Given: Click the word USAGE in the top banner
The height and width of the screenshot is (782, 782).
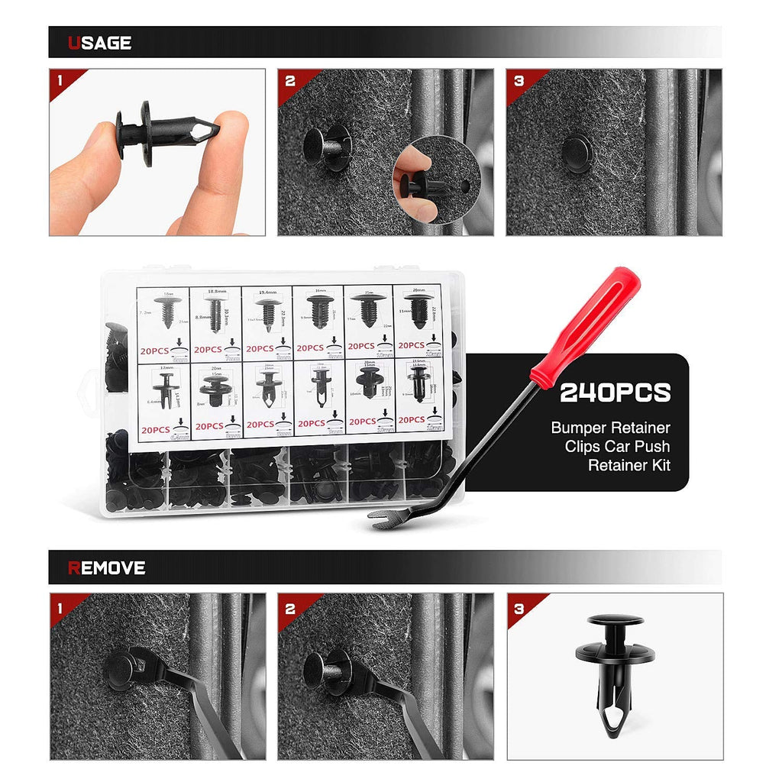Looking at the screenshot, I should pos(99,43).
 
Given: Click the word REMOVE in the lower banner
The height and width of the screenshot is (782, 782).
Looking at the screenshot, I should pos(106,567).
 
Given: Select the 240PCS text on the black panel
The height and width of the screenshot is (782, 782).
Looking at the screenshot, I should pos(615,393).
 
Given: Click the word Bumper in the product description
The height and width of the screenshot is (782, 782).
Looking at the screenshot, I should pos(584,428).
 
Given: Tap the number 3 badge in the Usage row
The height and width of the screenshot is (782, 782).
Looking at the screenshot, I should pos(519,79).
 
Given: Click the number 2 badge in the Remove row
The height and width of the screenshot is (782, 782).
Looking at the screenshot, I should pos(290,609).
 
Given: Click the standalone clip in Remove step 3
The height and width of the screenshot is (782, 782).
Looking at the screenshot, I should pos(616,676).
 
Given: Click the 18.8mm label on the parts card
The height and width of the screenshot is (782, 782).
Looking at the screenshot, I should pos(216,291).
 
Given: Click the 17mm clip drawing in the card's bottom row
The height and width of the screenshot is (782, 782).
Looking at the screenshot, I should pos(166,389).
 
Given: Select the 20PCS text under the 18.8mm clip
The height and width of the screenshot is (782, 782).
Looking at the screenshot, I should pos(208,349).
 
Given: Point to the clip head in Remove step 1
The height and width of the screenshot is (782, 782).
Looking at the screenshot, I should pos(121,669).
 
